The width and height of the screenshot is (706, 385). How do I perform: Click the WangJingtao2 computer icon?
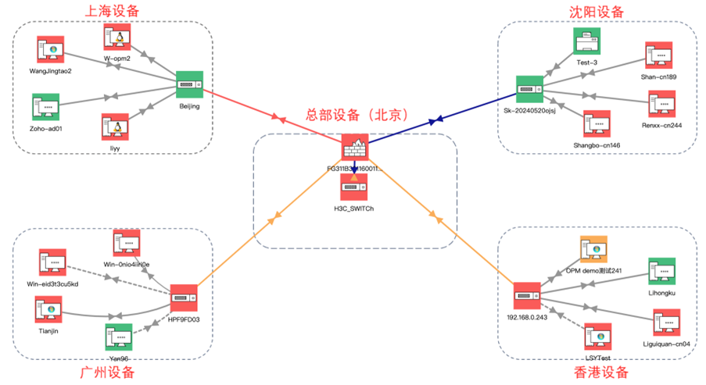tap(50, 50)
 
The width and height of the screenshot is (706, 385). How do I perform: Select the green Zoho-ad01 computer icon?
tap(46, 106)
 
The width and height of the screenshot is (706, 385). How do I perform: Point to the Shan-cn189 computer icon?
tap(658, 55)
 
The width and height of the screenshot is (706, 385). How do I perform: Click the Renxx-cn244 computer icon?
tap(661, 105)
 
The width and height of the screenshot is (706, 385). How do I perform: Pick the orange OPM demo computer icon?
tap(594, 248)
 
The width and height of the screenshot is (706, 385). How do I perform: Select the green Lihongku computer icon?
tap(661, 272)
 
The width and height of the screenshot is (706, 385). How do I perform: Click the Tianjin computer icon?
tap(48, 310)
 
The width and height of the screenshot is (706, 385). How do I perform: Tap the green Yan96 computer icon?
tap(118, 337)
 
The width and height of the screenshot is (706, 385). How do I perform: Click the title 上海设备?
tap(113, 11)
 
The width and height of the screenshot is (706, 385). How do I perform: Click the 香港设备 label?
tap(600, 373)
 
